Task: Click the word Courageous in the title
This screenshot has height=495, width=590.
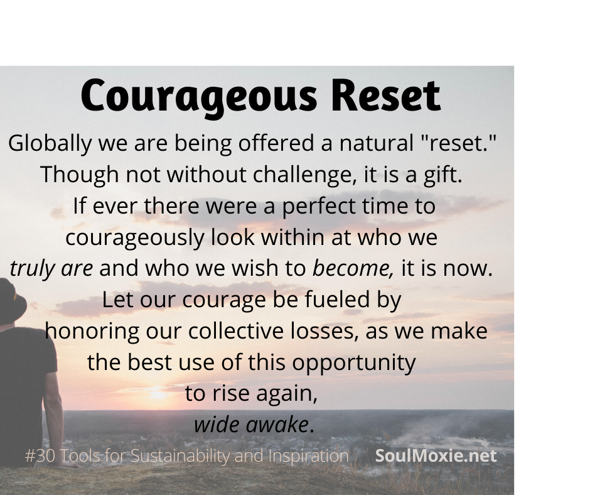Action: pos(199,97)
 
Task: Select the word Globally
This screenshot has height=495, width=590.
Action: pos(50,144)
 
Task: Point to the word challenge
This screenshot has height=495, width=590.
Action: pos(304,175)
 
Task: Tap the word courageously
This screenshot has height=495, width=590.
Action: pos(135,238)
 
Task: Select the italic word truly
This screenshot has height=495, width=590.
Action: pos(33,269)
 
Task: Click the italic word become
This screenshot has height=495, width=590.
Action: pos(353,268)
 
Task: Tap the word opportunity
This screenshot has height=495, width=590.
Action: pos(354,363)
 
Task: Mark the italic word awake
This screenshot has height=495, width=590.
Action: pos(277,425)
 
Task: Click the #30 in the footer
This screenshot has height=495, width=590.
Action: pos(40,456)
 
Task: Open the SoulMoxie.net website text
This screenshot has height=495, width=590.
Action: pos(436,455)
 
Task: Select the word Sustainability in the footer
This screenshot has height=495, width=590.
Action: pos(180,456)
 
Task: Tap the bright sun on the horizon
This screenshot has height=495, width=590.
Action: pos(158,394)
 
